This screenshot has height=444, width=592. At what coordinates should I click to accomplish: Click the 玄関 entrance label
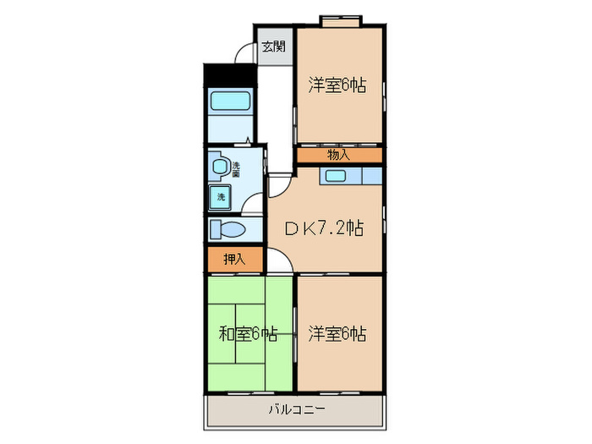(272, 47)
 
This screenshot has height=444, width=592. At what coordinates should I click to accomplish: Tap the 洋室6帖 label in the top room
(337, 85)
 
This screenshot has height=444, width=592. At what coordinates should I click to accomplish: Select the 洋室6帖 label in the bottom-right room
(337, 333)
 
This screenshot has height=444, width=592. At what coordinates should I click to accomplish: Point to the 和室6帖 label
(249, 333)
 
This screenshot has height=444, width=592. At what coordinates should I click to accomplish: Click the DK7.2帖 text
(323, 227)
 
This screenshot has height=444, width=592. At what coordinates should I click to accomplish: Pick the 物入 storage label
(338, 155)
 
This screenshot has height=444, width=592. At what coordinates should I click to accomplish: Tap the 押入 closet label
(234, 260)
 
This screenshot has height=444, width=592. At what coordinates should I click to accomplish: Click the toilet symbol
(227, 229)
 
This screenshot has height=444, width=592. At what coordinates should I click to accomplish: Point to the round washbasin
(220, 167)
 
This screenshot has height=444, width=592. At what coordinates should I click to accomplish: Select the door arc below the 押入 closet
(282, 263)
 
